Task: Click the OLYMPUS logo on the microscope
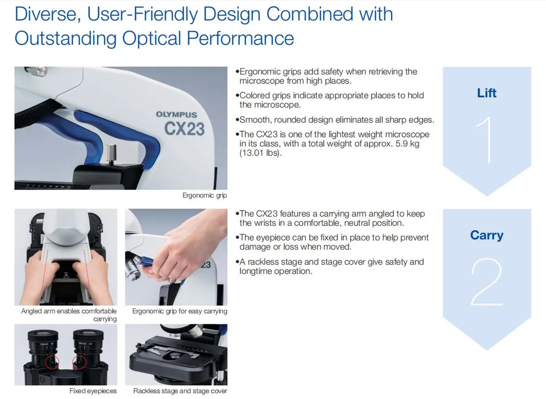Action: click(176, 115)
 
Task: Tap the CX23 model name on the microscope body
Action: click(185, 129)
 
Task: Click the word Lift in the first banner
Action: click(487, 93)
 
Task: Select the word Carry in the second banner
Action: click(487, 235)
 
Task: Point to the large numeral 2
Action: click(487, 282)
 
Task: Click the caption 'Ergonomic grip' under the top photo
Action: click(205, 196)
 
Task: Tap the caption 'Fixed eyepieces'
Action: click(93, 391)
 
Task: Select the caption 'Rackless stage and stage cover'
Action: click(180, 391)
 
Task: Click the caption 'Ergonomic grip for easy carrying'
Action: click(179, 311)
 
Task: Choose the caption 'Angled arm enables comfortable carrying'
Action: click(69, 315)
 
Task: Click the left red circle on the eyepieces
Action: click(52, 363)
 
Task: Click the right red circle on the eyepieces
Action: click(80, 363)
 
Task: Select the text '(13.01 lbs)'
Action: click(260, 153)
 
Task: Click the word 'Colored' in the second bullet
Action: click(255, 95)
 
